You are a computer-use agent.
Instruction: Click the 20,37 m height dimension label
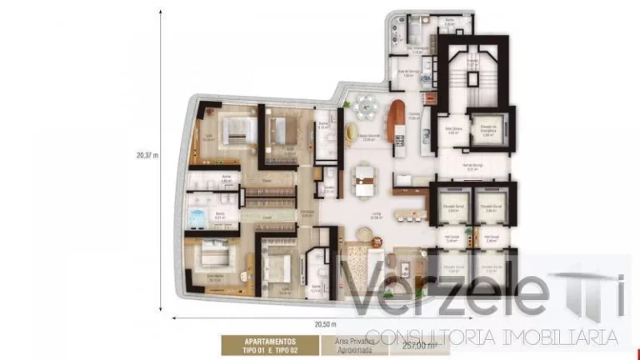coord(147,155)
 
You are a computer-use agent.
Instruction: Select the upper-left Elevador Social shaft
coord(453,203)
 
